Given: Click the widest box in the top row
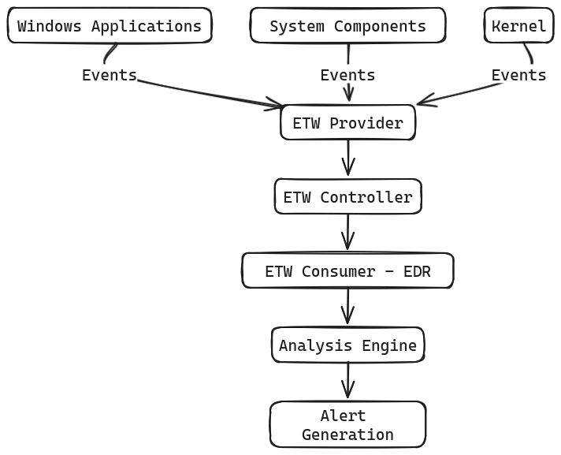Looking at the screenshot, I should click(x=110, y=25).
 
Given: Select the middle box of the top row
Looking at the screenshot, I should click(x=347, y=25).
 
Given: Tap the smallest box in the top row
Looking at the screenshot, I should click(x=516, y=25).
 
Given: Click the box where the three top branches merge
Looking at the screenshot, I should click(x=347, y=125).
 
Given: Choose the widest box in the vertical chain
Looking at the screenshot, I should click(x=347, y=270).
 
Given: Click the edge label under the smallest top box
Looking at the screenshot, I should click(x=520, y=76).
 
